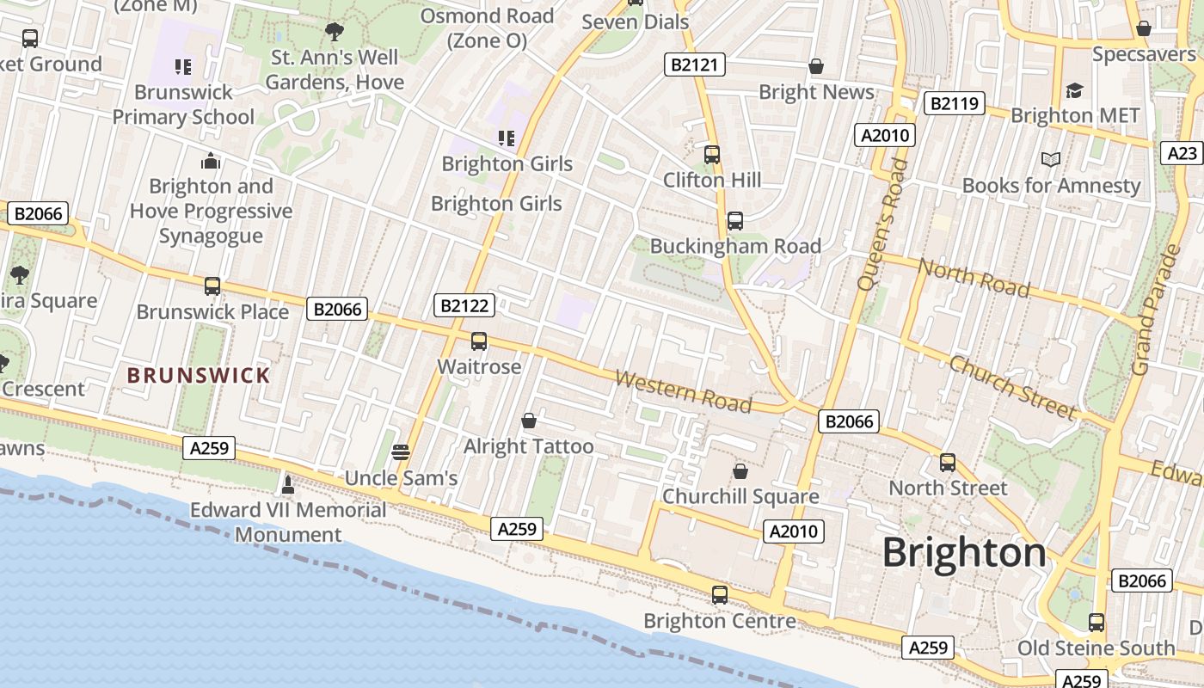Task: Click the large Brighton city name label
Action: tap(964, 552)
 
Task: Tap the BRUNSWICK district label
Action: tap(199, 375)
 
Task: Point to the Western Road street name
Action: tap(684, 391)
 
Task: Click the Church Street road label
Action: tap(1012, 387)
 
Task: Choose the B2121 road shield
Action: tap(695, 64)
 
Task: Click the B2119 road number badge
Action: tap(954, 104)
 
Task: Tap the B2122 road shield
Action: tap(464, 305)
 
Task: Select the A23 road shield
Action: tap(1183, 153)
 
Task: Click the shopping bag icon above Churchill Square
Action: tap(740, 471)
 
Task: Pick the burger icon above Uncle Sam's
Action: tap(400, 451)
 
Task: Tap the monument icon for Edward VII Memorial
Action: tap(288, 485)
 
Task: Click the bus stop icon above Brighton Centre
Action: tap(719, 594)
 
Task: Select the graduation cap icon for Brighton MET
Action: tap(1074, 90)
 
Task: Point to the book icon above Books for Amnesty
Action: tap(1050, 159)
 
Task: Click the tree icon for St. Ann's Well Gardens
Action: tap(335, 33)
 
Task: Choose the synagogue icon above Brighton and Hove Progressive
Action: tap(211, 161)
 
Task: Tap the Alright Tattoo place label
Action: tap(528, 446)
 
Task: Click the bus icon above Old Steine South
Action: tap(1096, 622)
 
